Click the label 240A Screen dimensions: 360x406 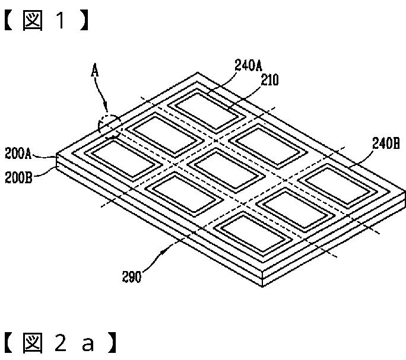[x=248, y=66]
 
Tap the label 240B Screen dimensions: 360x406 [x=386, y=142]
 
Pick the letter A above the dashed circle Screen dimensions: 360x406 [x=94, y=71]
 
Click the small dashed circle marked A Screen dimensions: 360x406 [x=109, y=126]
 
